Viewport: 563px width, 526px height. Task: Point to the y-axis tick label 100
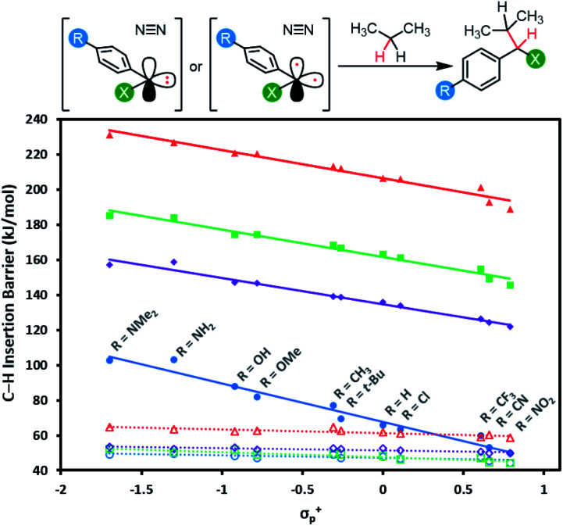pyautogui.click(x=36, y=366)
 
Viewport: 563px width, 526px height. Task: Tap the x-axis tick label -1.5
pyautogui.click(x=142, y=489)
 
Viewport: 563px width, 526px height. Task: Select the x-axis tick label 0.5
pyautogui.click(x=464, y=489)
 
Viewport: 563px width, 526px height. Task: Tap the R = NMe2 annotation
pyautogui.click(x=134, y=331)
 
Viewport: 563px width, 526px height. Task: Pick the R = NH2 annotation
pyautogui.click(x=196, y=339)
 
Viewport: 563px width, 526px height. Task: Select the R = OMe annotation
pyautogui.click(x=280, y=368)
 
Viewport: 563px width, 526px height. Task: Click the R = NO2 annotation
pyautogui.click(x=536, y=413)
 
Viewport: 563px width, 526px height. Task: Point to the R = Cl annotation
pyautogui.click(x=415, y=406)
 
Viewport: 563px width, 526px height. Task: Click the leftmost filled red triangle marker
pyautogui.click(x=110, y=135)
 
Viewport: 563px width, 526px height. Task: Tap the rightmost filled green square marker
pyautogui.click(x=510, y=285)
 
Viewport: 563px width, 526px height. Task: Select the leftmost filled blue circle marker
pyautogui.click(x=110, y=360)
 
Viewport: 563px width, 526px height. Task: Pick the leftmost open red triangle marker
pyautogui.click(x=110, y=428)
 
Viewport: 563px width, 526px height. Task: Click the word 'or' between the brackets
pyautogui.click(x=196, y=67)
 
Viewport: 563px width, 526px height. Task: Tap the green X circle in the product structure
pyautogui.click(x=536, y=59)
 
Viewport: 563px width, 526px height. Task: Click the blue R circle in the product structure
pyautogui.click(x=445, y=90)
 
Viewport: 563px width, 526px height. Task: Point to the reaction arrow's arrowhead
pyautogui.click(x=446, y=66)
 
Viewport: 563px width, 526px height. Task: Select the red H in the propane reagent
pyautogui.click(x=379, y=57)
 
